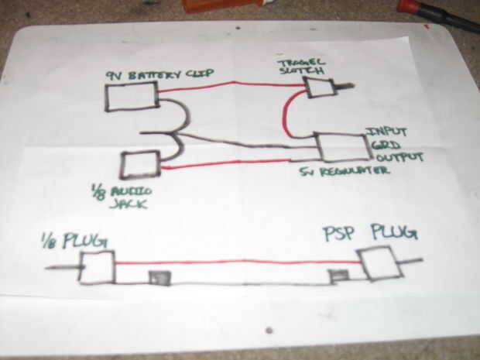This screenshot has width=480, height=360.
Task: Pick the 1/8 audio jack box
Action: tap(139, 165)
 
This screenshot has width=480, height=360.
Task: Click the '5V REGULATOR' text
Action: tap(345, 172)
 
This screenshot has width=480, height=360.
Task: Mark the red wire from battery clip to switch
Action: tap(232, 84)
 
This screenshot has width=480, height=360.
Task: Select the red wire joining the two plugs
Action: tap(232, 262)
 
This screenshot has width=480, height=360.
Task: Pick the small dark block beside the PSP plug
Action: tap(338, 276)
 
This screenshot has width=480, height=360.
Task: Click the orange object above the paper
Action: tap(221, 5)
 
